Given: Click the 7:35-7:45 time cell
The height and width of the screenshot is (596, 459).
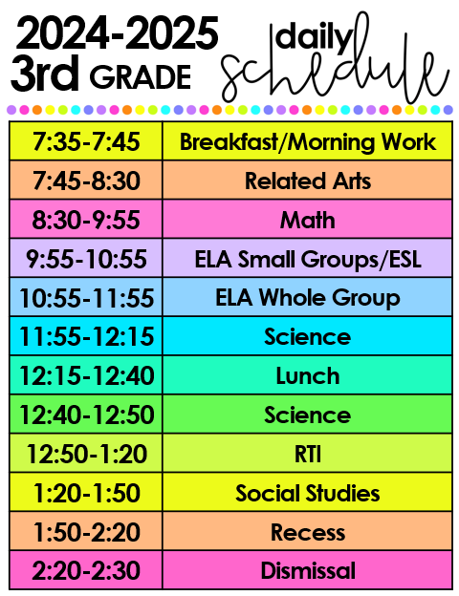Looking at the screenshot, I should tap(86, 142).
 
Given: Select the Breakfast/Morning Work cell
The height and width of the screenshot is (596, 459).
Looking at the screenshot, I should tap(307, 142).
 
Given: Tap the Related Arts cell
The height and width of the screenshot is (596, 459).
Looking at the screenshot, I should tap(307, 181).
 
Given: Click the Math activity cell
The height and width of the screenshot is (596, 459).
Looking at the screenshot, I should tap(307, 220).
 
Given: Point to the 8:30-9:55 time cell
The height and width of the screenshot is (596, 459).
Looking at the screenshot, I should tap(86, 220).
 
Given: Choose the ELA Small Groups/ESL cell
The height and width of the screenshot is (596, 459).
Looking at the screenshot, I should tap(307, 259).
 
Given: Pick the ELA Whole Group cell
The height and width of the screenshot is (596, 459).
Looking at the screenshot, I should tap(307, 298).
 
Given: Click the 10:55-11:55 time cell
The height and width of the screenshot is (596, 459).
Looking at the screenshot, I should tap(86, 298).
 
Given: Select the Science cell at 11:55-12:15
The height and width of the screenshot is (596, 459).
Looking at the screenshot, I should tap(307, 337).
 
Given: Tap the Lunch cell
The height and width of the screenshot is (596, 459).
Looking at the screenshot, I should tap(307, 376).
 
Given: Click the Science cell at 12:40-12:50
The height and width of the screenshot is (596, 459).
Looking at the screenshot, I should tap(307, 415).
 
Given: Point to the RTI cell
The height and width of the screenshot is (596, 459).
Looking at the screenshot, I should tap(307, 455).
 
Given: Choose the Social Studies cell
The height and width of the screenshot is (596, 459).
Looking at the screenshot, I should tap(307, 494).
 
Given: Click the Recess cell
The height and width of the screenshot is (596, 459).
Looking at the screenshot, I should tap(307, 532).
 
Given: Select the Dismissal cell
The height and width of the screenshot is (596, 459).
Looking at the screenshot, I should tap(307, 571).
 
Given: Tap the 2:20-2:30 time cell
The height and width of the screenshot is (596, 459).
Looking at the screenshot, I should tap(86, 571).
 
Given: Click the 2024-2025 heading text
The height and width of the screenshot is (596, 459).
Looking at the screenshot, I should tap(117, 35).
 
